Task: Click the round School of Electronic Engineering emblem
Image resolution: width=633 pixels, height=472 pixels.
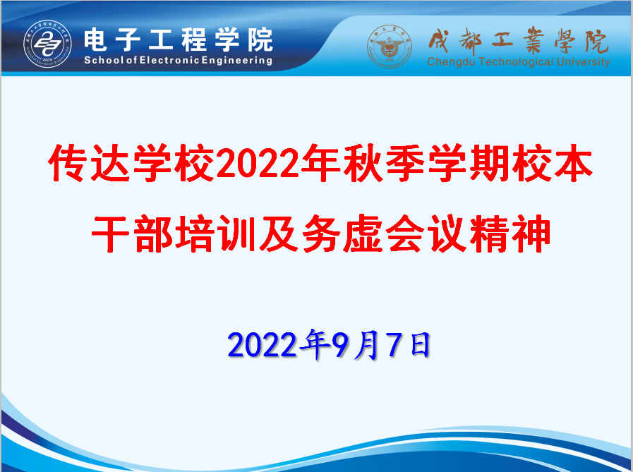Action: pos(48,44)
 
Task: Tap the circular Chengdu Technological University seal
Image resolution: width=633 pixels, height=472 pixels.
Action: pos(389,47)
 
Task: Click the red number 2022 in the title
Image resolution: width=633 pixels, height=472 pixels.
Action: pos(258,164)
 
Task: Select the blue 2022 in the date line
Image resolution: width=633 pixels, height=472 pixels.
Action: pos(262,345)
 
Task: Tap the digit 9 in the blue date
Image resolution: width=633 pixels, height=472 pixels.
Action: pos(339,344)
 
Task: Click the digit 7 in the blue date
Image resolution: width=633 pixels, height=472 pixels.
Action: pos(394,344)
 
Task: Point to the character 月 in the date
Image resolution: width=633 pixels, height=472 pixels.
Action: pos(366,344)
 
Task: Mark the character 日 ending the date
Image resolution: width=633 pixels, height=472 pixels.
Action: pos(420,344)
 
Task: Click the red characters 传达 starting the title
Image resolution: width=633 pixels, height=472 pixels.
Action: pos(89,163)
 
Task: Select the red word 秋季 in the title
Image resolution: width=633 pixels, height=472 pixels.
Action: pos(384,163)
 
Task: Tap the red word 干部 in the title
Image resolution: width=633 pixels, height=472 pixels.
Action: pos(133,234)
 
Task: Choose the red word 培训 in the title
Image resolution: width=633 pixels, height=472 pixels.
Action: pos(216,234)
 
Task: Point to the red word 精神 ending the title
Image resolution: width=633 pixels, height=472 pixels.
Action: pos(510,234)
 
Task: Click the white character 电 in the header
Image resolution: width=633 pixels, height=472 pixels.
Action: pos(96,40)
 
